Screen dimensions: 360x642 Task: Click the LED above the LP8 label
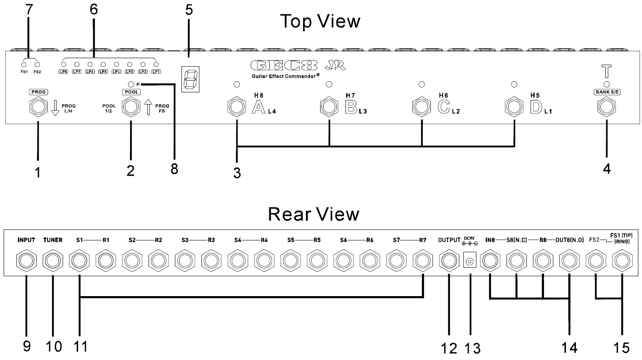pos(63,64)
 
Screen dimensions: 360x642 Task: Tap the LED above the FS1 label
pos(24,64)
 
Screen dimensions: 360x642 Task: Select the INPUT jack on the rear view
pos(26,261)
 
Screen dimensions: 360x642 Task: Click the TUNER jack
pos(53,261)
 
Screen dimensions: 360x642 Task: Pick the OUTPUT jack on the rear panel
pos(449,261)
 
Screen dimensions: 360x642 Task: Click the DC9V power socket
pos(470,261)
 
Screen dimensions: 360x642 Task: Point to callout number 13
pos(472,348)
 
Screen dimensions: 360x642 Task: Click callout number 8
pos(174,168)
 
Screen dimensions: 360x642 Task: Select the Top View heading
pos(320,21)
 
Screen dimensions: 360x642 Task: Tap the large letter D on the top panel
pos(536,107)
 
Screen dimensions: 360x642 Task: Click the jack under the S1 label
pos(79,261)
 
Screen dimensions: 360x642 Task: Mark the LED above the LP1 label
pos(156,64)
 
